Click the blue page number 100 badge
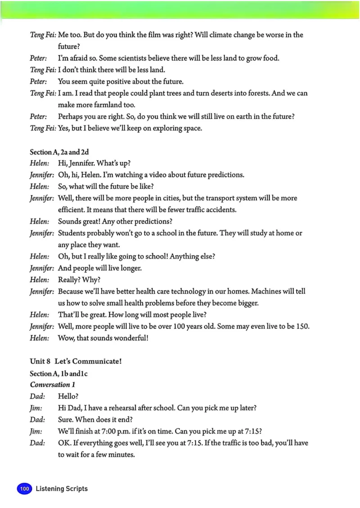pos(24,489)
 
